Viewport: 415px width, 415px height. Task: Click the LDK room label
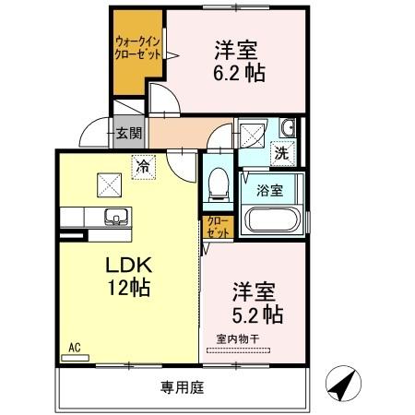(127, 264)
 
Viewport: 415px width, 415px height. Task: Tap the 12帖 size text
(127, 287)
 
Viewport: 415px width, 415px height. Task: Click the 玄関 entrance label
(128, 133)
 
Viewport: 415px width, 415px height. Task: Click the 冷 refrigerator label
(142, 167)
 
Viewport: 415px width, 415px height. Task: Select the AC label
(75, 348)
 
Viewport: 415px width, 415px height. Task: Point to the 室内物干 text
(238, 338)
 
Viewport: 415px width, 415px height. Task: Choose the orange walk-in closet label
(133, 48)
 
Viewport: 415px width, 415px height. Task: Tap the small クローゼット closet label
(217, 228)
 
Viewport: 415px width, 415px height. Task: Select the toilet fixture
(219, 182)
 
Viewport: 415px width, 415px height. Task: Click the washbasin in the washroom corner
(287, 127)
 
